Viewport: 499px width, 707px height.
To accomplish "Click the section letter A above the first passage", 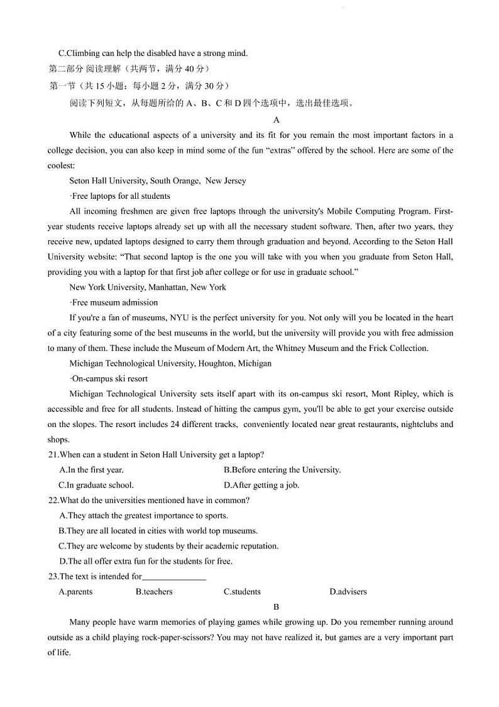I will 276,120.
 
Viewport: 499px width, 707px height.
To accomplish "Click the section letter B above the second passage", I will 276,607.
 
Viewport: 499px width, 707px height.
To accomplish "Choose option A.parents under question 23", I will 75,592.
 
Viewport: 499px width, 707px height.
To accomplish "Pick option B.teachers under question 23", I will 154,592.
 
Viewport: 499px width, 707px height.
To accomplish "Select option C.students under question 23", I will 242,592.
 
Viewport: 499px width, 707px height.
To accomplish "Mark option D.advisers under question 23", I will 348,592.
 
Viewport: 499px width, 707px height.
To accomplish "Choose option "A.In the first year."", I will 91,470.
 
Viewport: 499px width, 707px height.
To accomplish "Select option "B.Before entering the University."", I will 282,470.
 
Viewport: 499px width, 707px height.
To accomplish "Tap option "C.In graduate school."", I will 96,485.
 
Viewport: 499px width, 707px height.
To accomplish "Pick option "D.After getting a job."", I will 261,485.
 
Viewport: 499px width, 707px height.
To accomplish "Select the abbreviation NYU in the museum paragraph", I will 179,318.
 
